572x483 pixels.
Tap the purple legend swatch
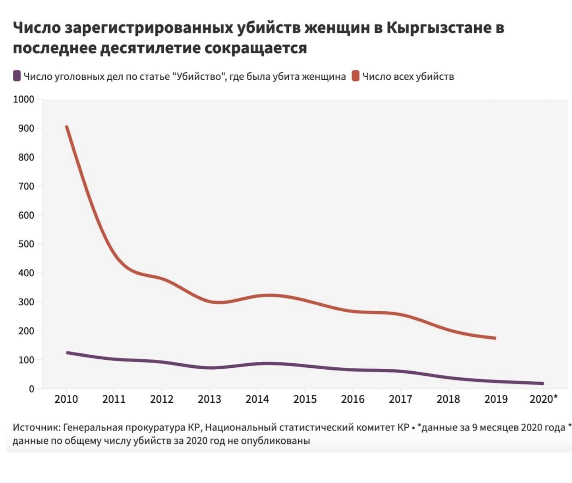17,76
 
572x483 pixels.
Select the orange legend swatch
356,76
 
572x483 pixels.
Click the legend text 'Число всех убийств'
408,76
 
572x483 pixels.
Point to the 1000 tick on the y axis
24,99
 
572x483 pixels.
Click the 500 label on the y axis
26,244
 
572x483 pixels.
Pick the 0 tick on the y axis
31,389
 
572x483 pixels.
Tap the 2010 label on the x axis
66,399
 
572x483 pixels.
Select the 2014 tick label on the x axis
257,399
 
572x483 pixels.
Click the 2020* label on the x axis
543,399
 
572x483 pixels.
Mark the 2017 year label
400,399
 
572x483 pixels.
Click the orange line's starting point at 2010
67,126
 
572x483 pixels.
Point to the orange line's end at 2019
495,338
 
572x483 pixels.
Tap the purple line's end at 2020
543,384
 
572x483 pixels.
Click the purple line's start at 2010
67,353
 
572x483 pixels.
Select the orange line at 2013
210,302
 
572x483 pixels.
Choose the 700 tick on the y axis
26,186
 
